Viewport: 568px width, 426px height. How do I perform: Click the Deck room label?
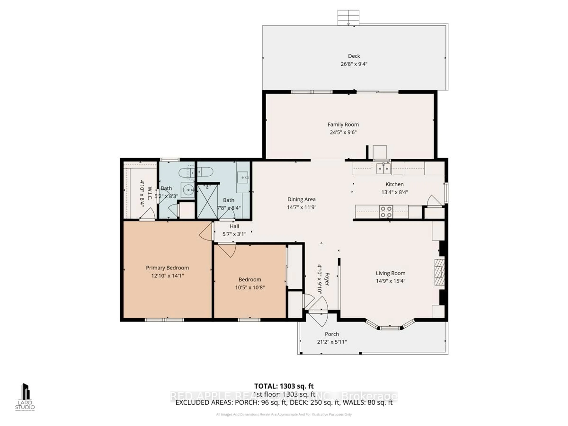click(x=354, y=56)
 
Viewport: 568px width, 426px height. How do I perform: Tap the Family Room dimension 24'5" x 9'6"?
click(x=343, y=133)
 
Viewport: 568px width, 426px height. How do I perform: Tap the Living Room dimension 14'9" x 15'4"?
click(x=390, y=281)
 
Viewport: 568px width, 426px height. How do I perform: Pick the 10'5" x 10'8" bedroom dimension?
click(x=250, y=288)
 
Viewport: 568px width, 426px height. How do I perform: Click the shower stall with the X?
click(x=207, y=202)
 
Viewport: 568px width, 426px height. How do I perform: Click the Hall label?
click(x=234, y=226)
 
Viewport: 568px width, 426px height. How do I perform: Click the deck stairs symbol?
click(x=348, y=17)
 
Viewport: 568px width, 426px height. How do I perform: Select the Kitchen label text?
click(x=394, y=184)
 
